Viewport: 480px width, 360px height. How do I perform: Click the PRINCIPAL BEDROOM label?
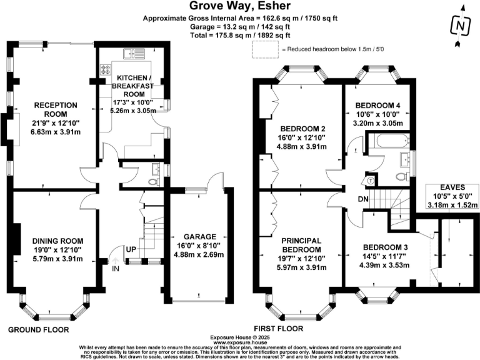[x=301, y=245]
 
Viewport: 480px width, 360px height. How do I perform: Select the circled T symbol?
[x=370, y=181]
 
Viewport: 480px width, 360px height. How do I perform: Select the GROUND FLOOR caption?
[x=38, y=329]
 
